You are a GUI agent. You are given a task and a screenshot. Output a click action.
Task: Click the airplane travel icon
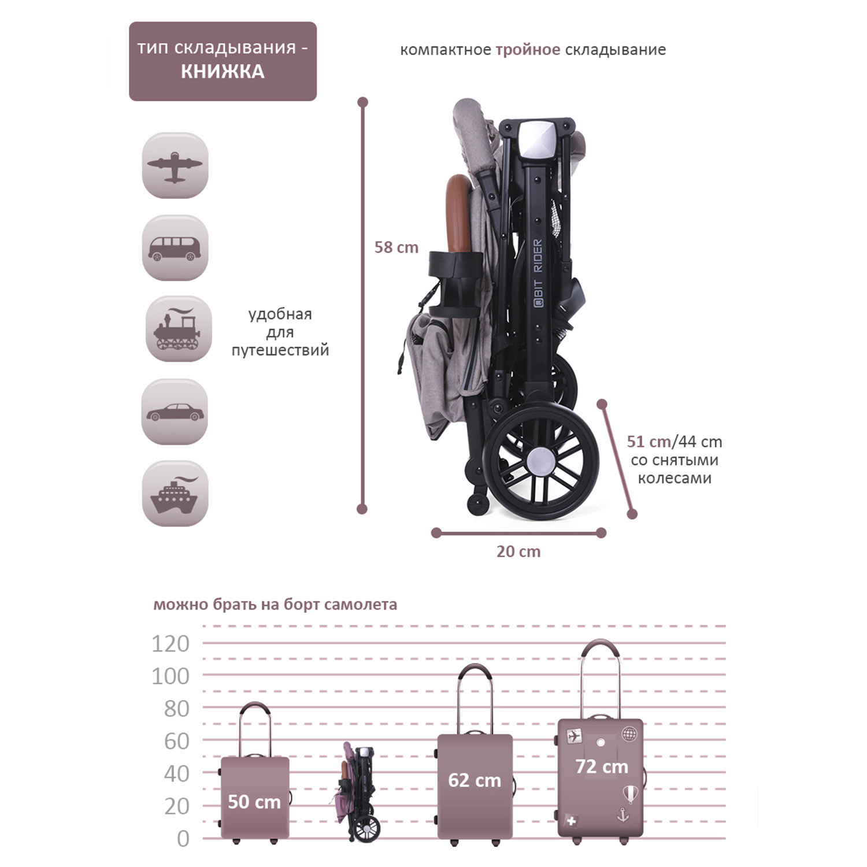(x=175, y=166)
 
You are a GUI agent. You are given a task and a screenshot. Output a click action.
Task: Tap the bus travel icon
(x=175, y=248)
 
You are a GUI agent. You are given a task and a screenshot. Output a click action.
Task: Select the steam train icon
(x=178, y=329)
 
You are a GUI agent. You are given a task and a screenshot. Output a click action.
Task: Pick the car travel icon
(x=175, y=412)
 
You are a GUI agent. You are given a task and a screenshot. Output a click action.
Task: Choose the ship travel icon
(x=175, y=494)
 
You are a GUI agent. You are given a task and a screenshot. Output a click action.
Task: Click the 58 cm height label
(x=396, y=247)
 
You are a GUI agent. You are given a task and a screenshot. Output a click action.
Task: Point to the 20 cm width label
(x=518, y=551)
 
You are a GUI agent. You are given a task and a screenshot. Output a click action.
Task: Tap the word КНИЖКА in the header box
(x=223, y=72)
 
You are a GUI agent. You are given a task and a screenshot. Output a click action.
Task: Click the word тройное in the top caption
(x=528, y=50)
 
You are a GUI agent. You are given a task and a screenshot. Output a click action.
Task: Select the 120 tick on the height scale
(x=171, y=643)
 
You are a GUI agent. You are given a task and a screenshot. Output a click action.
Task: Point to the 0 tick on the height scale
(x=183, y=839)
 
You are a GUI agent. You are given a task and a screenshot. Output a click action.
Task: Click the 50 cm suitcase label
(x=254, y=802)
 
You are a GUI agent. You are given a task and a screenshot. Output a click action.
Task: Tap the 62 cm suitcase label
(x=475, y=780)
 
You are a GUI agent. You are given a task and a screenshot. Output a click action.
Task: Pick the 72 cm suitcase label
(x=602, y=766)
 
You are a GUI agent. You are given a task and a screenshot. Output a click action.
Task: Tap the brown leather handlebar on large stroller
(x=457, y=214)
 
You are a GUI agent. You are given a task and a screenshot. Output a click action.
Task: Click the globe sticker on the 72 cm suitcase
(x=629, y=734)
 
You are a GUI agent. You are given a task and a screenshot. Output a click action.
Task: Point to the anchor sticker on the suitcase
(x=623, y=815)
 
